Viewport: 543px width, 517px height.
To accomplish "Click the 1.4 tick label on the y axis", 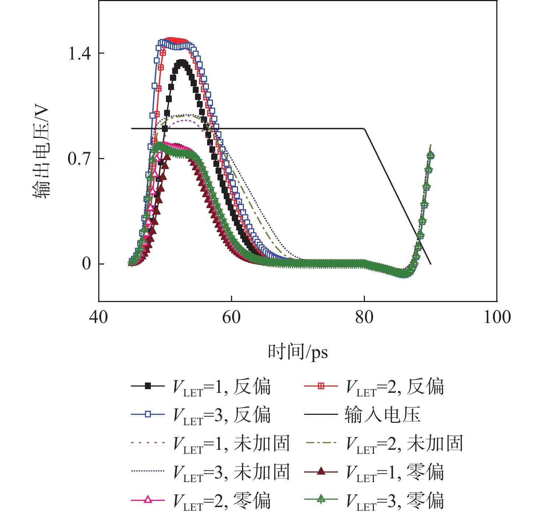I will pyautogui.click(x=79, y=54).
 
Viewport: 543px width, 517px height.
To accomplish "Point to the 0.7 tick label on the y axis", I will pyautogui.click(x=79, y=159).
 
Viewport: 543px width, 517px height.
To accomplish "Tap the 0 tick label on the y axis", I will pyautogui.click(x=87, y=264).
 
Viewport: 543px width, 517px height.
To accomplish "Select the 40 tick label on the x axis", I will pyautogui.click(x=99, y=317).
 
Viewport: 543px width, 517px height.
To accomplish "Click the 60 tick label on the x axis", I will pyautogui.click(x=231, y=317).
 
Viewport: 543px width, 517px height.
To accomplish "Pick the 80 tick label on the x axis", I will pyautogui.click(x=364, y=317).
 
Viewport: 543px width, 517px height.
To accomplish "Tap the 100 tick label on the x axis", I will pyautogui.click(x=497, y=317).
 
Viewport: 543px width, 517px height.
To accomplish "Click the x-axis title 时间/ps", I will pyautogui.click(x=298, y=352).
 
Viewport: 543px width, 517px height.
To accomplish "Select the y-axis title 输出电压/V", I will pyautogui.click(x=41, y=152).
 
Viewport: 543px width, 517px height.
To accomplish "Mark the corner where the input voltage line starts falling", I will pyautogui.click(x=364, y=129).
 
